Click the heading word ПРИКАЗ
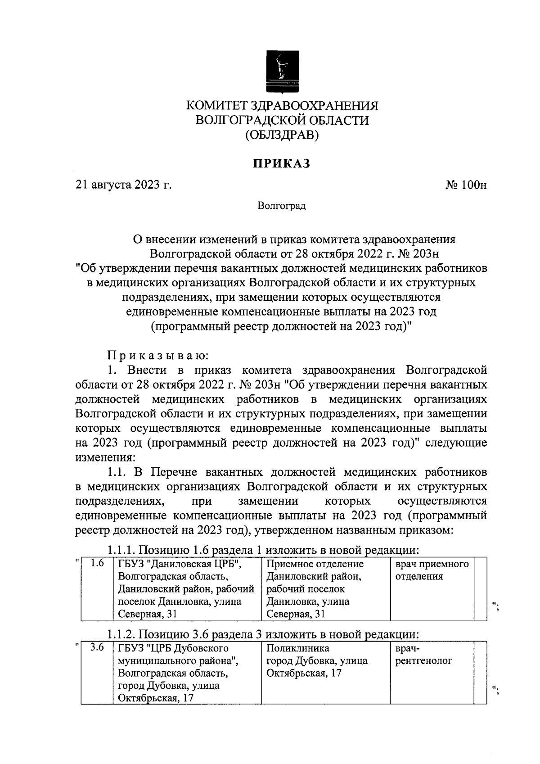tap(282, 163)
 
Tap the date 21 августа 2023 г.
tap(124, 185)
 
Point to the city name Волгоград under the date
tap(282, 206)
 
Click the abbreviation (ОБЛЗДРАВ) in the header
tap(282, 135)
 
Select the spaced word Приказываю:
tap(157, 356)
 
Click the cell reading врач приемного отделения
tap(432, 570)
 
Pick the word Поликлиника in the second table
tap(297, 648)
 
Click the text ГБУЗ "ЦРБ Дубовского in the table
tap(173, 648)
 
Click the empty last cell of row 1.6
tap(481, 589)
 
